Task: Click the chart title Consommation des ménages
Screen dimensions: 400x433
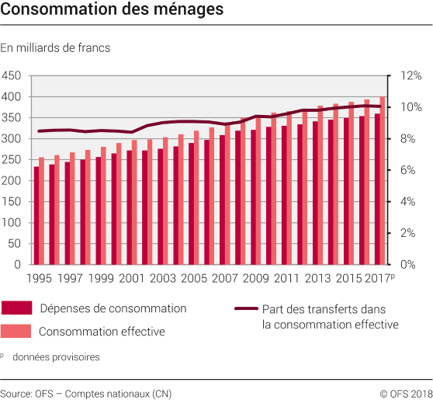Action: click(x=113, y=11)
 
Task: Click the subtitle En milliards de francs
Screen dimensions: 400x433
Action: click(x=55, y=48)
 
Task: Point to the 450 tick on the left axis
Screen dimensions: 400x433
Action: click(x=12, y=75)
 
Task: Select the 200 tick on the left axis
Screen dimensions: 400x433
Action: click(x=12, y=180)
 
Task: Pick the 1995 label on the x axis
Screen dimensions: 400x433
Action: click(x=38, y=277)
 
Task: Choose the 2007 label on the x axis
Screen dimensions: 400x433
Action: click(x=225, y=277)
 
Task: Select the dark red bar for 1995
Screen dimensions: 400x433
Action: click(x=36, y=216)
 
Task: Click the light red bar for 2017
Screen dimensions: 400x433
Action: click(x=383, y=180)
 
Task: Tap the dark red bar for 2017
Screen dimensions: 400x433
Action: click(x=377, y=190)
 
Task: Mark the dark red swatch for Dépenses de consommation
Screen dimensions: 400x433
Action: click(x=16, y=308)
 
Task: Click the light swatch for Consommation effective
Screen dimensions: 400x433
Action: click(x=16, y=331)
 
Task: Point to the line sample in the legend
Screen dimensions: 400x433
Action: click(x=246, y=308)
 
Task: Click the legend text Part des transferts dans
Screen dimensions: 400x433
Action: click(x=329, y=308)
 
